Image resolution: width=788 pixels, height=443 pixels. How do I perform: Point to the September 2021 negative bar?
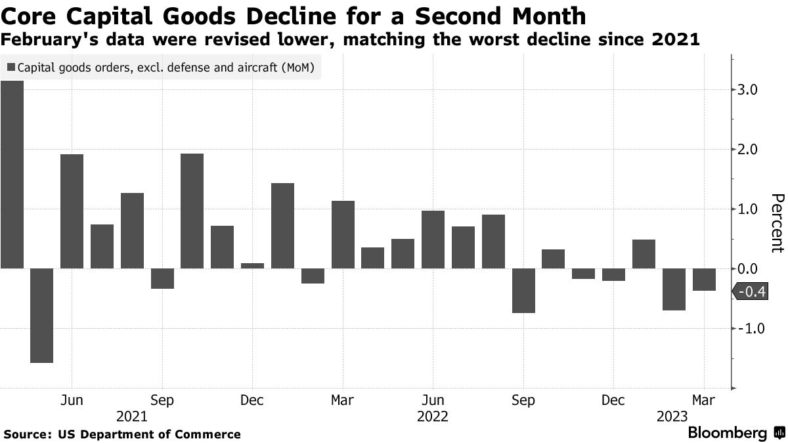pyautogui.click(x=162, y=278)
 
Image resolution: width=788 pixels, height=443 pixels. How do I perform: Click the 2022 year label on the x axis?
pyautogui.click(x=433, y=416)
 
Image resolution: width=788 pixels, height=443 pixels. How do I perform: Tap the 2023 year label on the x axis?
pyautogui.click(x=672, y=416)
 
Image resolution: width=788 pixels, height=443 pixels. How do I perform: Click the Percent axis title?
pyautogui.click(x=777, y=223)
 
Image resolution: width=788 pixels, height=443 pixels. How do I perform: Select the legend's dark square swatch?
pyautogui.click(x=11, y=67)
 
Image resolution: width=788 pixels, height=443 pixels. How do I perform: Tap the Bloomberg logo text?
pyautogui.click(x=727, y=433)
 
